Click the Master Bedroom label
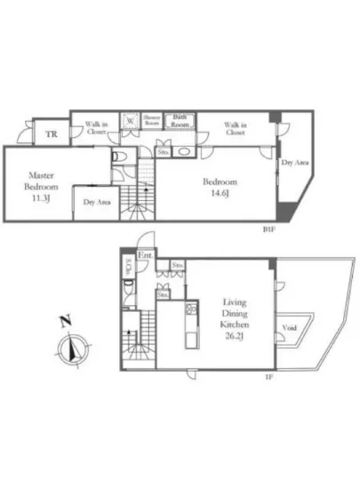pos(42,181)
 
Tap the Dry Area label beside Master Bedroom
pos(96,203)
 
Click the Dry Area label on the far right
pos(294,164)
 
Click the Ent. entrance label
pos(147,257)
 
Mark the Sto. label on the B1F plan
pos(164,152)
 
